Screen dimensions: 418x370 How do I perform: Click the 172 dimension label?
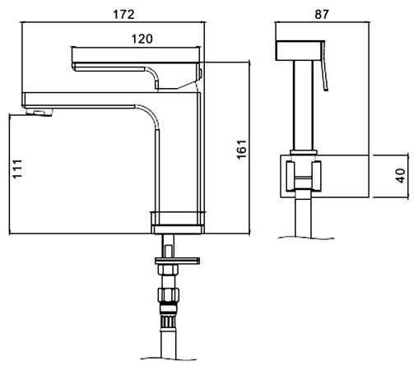[x=124, y=14]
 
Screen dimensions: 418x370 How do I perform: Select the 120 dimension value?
[x=142, y=39]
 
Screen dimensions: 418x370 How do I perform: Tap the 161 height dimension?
[x=242, y=149]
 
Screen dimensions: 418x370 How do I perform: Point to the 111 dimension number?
[x=17, y=169]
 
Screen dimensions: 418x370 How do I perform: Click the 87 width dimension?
[x=322, y=14]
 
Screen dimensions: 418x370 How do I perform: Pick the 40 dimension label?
[x=400, y=176]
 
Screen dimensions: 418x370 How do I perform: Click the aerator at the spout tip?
[x=39, y=112]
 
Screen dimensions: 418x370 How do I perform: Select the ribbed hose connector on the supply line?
[x=167, y=318]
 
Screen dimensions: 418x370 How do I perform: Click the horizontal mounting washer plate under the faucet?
[x=177, y=261]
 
